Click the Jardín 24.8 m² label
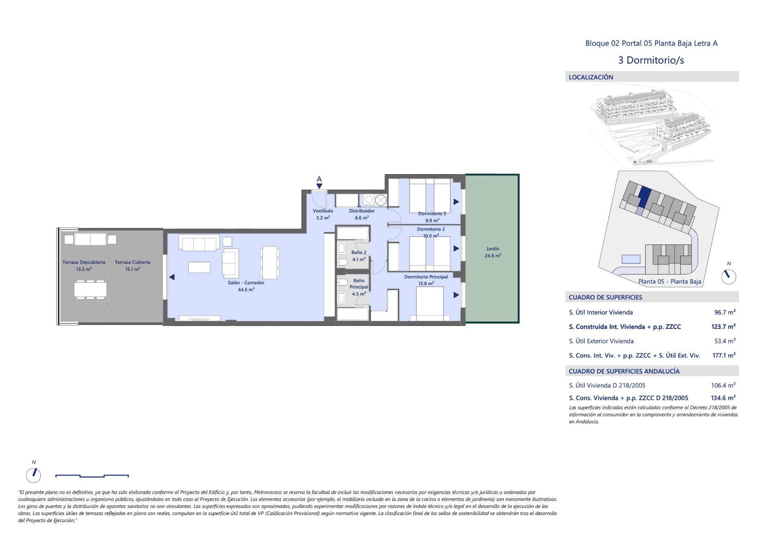tap(493, 252)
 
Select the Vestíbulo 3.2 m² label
tap(323, 214)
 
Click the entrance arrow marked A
tap(319, 183)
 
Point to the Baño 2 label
tap(359, 252)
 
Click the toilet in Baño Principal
tap(342, 282)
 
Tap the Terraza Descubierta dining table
tap(90, 289)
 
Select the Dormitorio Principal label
tap(426, 277)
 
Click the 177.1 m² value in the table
tap(723, 355)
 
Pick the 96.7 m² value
tap(725, 312)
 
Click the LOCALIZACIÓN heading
tap(591, 77)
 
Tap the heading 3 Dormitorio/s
tap(651, 60)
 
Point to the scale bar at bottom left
tap(92, 476)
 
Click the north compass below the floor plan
tap(34, 474)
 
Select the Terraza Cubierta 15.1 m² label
tap(132, 265)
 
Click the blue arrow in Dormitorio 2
tap(456, 248)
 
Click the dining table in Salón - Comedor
tap(270, 262)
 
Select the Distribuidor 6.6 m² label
tap(361, 214)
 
